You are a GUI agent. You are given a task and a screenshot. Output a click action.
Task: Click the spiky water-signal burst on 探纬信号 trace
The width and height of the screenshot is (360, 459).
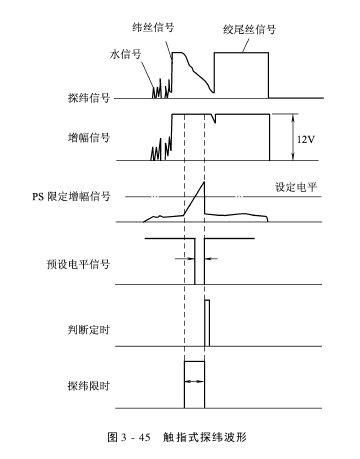(158, 84)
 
